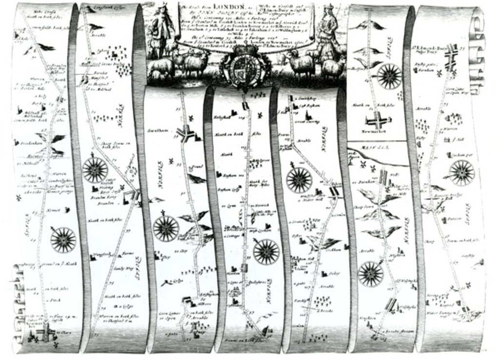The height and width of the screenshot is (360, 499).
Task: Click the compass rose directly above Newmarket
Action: point(389,76)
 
